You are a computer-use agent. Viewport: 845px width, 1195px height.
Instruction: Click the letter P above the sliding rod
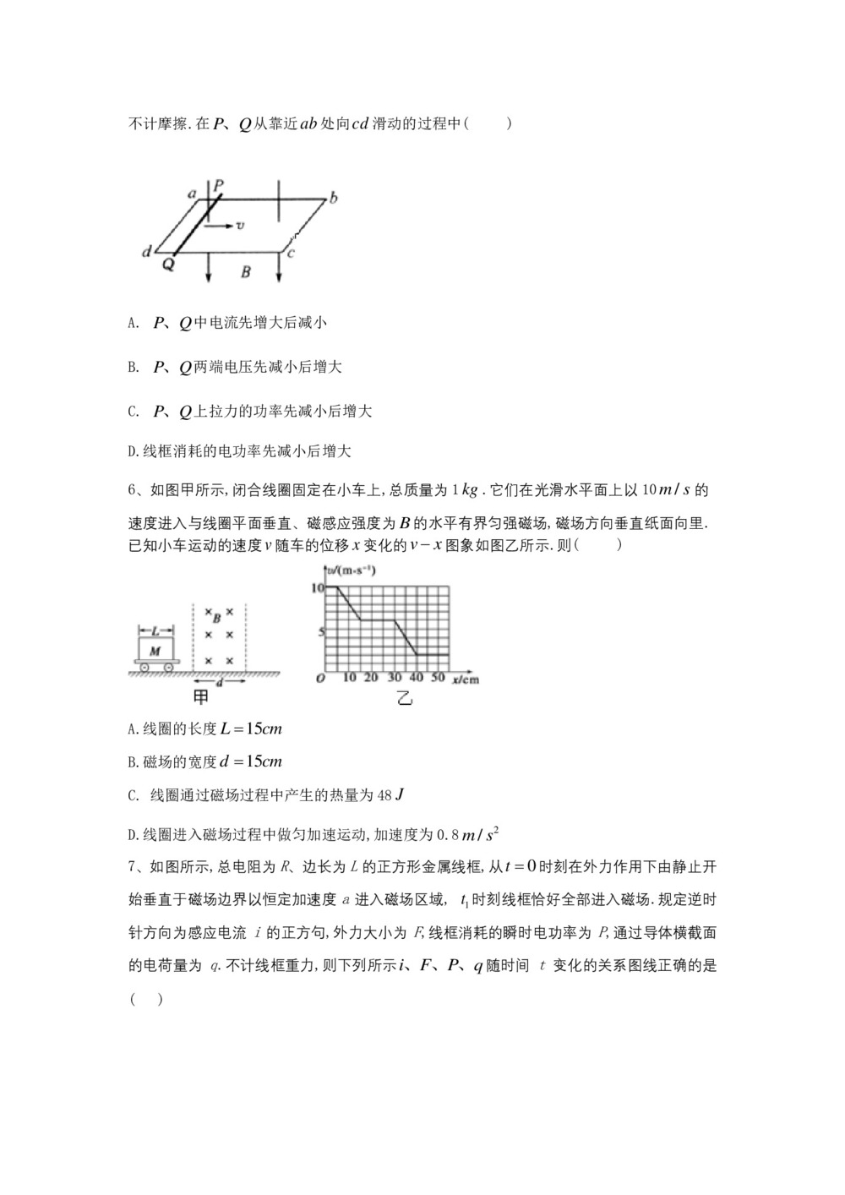219,184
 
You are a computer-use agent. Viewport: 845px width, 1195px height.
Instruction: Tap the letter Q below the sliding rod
168,264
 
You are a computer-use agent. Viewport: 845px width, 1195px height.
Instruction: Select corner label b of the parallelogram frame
334,199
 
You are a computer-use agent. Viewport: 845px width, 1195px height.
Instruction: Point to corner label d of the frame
147,251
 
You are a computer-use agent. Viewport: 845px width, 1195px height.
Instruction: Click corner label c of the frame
290,252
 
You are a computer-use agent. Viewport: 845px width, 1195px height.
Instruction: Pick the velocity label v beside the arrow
241,226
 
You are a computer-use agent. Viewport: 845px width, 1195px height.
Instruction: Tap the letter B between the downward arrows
245,272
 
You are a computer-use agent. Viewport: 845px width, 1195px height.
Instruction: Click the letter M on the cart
155,651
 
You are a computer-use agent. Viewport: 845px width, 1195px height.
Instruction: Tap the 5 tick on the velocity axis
320,631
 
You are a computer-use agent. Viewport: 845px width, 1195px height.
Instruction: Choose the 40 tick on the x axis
416,679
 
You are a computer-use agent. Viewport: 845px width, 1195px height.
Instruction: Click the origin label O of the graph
320,679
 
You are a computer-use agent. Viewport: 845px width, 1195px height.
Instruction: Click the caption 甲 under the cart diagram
201,697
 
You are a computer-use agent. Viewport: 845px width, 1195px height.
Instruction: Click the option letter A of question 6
132,729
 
